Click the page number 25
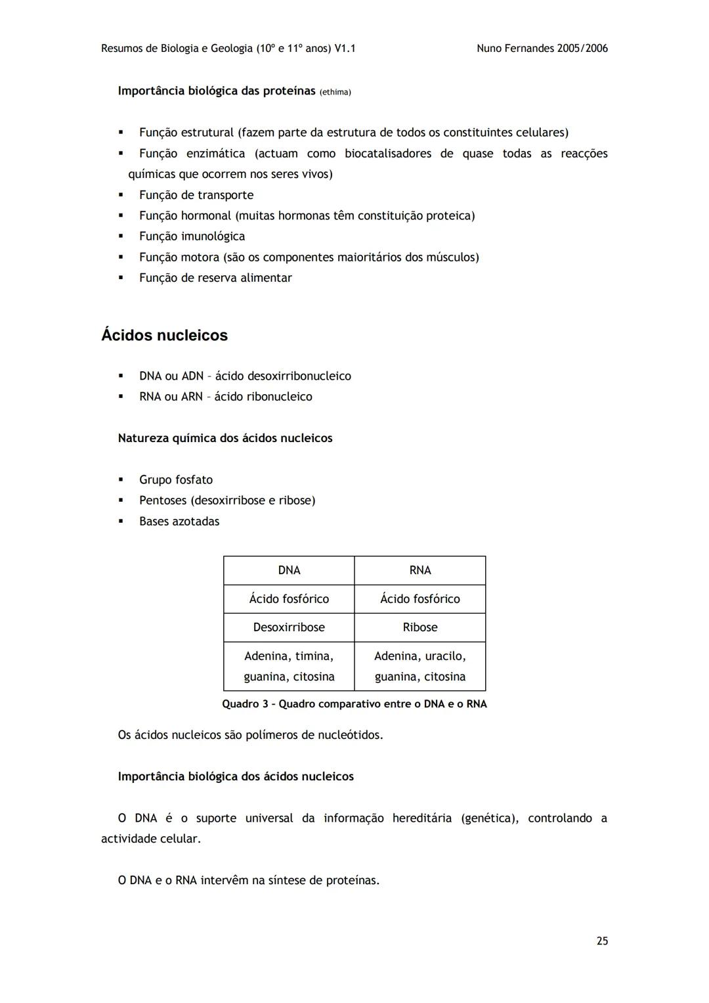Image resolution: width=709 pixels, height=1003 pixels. click(x=602, y=941)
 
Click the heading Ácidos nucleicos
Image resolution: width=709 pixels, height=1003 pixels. click(x=164, y=335)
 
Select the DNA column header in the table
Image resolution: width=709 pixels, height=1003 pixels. click(x=289, y=570)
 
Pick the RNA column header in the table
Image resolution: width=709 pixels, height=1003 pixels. click(x=420, y=570)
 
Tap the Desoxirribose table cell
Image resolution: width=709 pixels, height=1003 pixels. click(x=289, y=627)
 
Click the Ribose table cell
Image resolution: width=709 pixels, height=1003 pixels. click(x=420, y=627)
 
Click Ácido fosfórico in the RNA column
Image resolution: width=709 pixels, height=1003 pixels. click(x=420, y=598)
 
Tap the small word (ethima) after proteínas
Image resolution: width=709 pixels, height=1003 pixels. click(x=335, y=92)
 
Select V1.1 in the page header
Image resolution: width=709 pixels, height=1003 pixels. click(x=345, y=48)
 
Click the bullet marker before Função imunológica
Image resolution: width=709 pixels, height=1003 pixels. click(x=121, y=236)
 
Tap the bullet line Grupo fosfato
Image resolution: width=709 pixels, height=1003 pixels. click(x=176, y=479)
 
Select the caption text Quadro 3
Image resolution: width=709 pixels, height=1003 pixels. click(x=245, y=704)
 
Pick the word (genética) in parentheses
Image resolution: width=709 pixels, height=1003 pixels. click(x=490, y=818)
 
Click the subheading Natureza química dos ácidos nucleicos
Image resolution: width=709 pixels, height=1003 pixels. click(x=225, y=438)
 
